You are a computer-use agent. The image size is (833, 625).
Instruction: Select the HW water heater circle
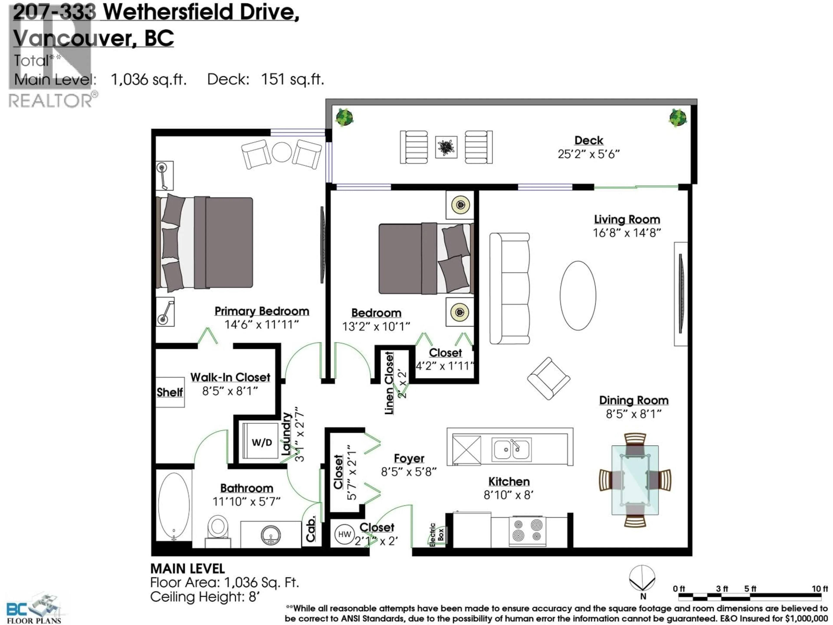344,534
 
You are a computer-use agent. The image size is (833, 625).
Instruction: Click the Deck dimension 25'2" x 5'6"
588,154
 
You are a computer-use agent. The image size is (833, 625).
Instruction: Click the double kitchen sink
511,449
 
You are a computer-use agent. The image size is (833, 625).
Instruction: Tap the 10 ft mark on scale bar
820,589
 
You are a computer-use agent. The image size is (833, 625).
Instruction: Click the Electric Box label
437,535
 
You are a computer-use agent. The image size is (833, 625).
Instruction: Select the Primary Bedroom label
262,311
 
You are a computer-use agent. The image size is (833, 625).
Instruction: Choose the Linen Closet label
389,383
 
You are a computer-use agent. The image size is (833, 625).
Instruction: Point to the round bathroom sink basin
270,535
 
